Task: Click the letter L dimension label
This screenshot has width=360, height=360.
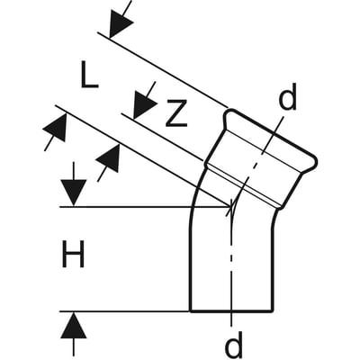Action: pyautogui.click(x=89, y=74)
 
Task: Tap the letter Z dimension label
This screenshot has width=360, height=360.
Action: pyautogui.click(x=176, y=112)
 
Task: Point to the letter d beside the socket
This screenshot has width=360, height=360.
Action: pyautogui.click(x=287, y=96)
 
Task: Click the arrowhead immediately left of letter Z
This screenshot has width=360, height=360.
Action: pyautogui.click(x=143, y=104)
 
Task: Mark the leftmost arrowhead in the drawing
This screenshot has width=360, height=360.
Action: pyautogui.click(x=56, y=129)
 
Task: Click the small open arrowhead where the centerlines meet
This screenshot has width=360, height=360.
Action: pyautogui.click(x=229, y=207)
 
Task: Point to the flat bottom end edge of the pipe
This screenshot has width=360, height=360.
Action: pyautogui.click(x=231, y=311)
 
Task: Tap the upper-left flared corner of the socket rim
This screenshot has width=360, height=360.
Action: pyautogui.click(x=228, y=113)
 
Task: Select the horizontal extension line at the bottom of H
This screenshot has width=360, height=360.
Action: pyautogui.click(x=125, y=311)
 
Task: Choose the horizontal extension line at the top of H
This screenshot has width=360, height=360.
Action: pyautogui.click(x=145, y=207)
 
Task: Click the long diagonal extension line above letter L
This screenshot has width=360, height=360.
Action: pyautogui.click(x=162, y=69)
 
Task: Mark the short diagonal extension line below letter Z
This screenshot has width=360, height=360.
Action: pyautogui.click(x=162, y=137)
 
